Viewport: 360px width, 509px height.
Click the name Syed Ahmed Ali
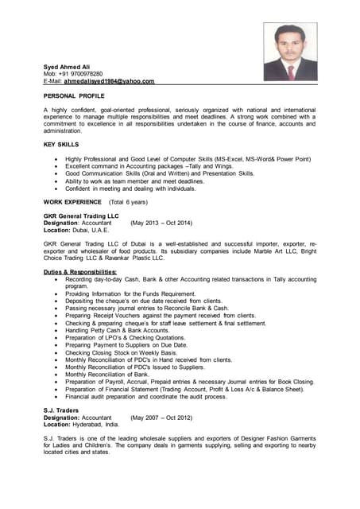(x=66, y=66)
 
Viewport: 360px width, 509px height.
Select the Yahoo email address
(x=109, y=81)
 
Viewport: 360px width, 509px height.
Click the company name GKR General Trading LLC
(x=81, y=216)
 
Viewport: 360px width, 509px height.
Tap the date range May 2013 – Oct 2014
(x=161, y=223)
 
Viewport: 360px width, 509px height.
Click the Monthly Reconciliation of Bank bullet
(x=107, y=374)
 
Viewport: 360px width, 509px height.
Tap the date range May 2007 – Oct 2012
(x=161, y=418)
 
